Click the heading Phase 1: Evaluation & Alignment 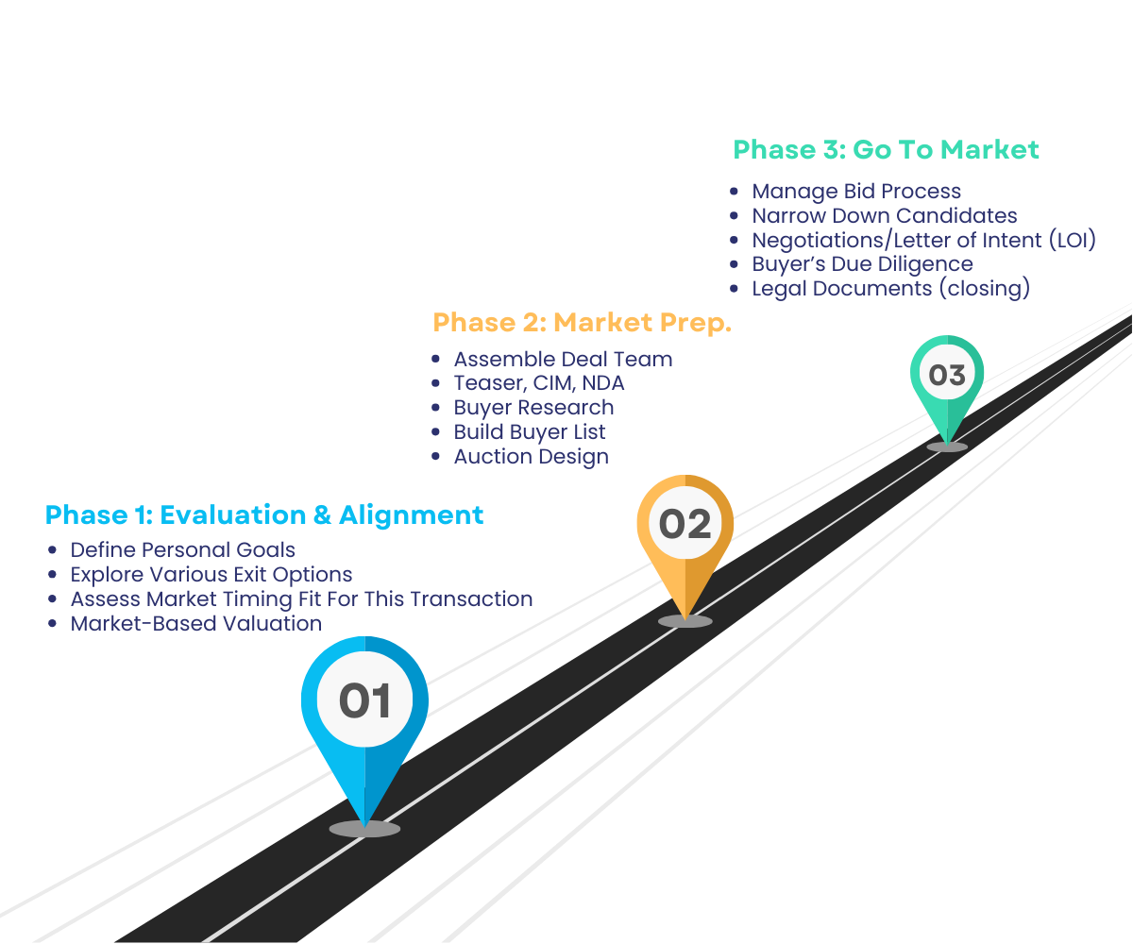pos(264,514)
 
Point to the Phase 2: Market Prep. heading pos(583,323)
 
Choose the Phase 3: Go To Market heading pos(887,150)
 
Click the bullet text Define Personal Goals pos(183,550)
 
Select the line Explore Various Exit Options pos(211,575)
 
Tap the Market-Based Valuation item pos(196,624)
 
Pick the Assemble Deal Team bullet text pos(563,360)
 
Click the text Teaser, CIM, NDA pos(539,383)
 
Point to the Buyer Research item pos(533,408)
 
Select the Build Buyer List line pos(530,432)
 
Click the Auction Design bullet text pos(531,457)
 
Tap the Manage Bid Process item pos(856,192)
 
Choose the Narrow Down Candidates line pos(885,216)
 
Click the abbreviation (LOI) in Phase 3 pos(1072,241)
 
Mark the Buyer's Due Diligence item pos(862,264)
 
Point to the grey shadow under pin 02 pos(685,621)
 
